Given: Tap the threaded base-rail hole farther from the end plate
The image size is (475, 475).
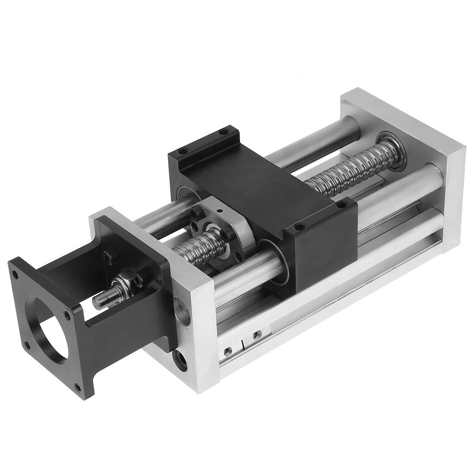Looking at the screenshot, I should pyautogui.click(x=257, y=335).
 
